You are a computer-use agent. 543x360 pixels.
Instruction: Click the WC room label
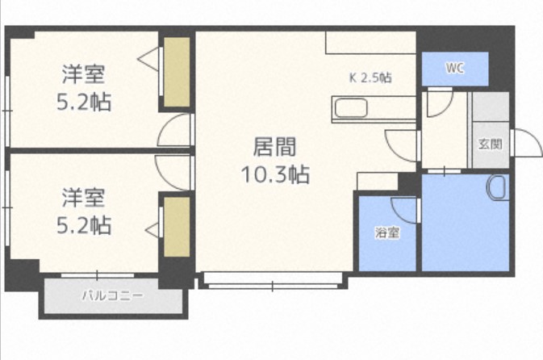point(455,69)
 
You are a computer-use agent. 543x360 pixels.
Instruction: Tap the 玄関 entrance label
point(490,144)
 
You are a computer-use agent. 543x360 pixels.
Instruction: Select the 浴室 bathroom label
point(386,233)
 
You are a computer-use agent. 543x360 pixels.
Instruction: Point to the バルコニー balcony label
point(112,295)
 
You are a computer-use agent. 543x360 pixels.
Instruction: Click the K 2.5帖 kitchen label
point(370,78)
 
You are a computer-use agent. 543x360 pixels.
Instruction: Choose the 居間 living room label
point(275,147)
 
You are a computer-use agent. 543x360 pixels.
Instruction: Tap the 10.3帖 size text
point(275,174)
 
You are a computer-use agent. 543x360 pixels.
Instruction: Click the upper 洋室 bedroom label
point(84,75)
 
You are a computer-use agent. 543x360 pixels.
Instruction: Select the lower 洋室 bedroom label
point(84,196)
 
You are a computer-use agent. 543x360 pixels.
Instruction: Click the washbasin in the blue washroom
point(496,188)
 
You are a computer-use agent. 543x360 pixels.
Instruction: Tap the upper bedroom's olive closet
point(177,73)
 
